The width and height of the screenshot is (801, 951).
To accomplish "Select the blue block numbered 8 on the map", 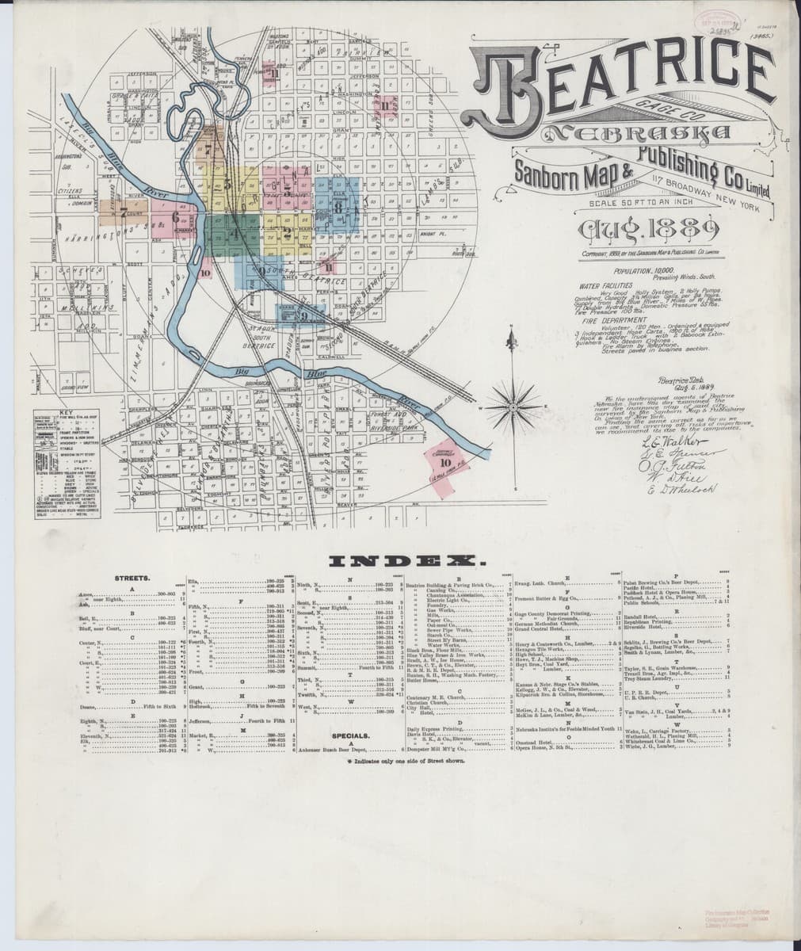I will pyautogui.click(x=339, y=208).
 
